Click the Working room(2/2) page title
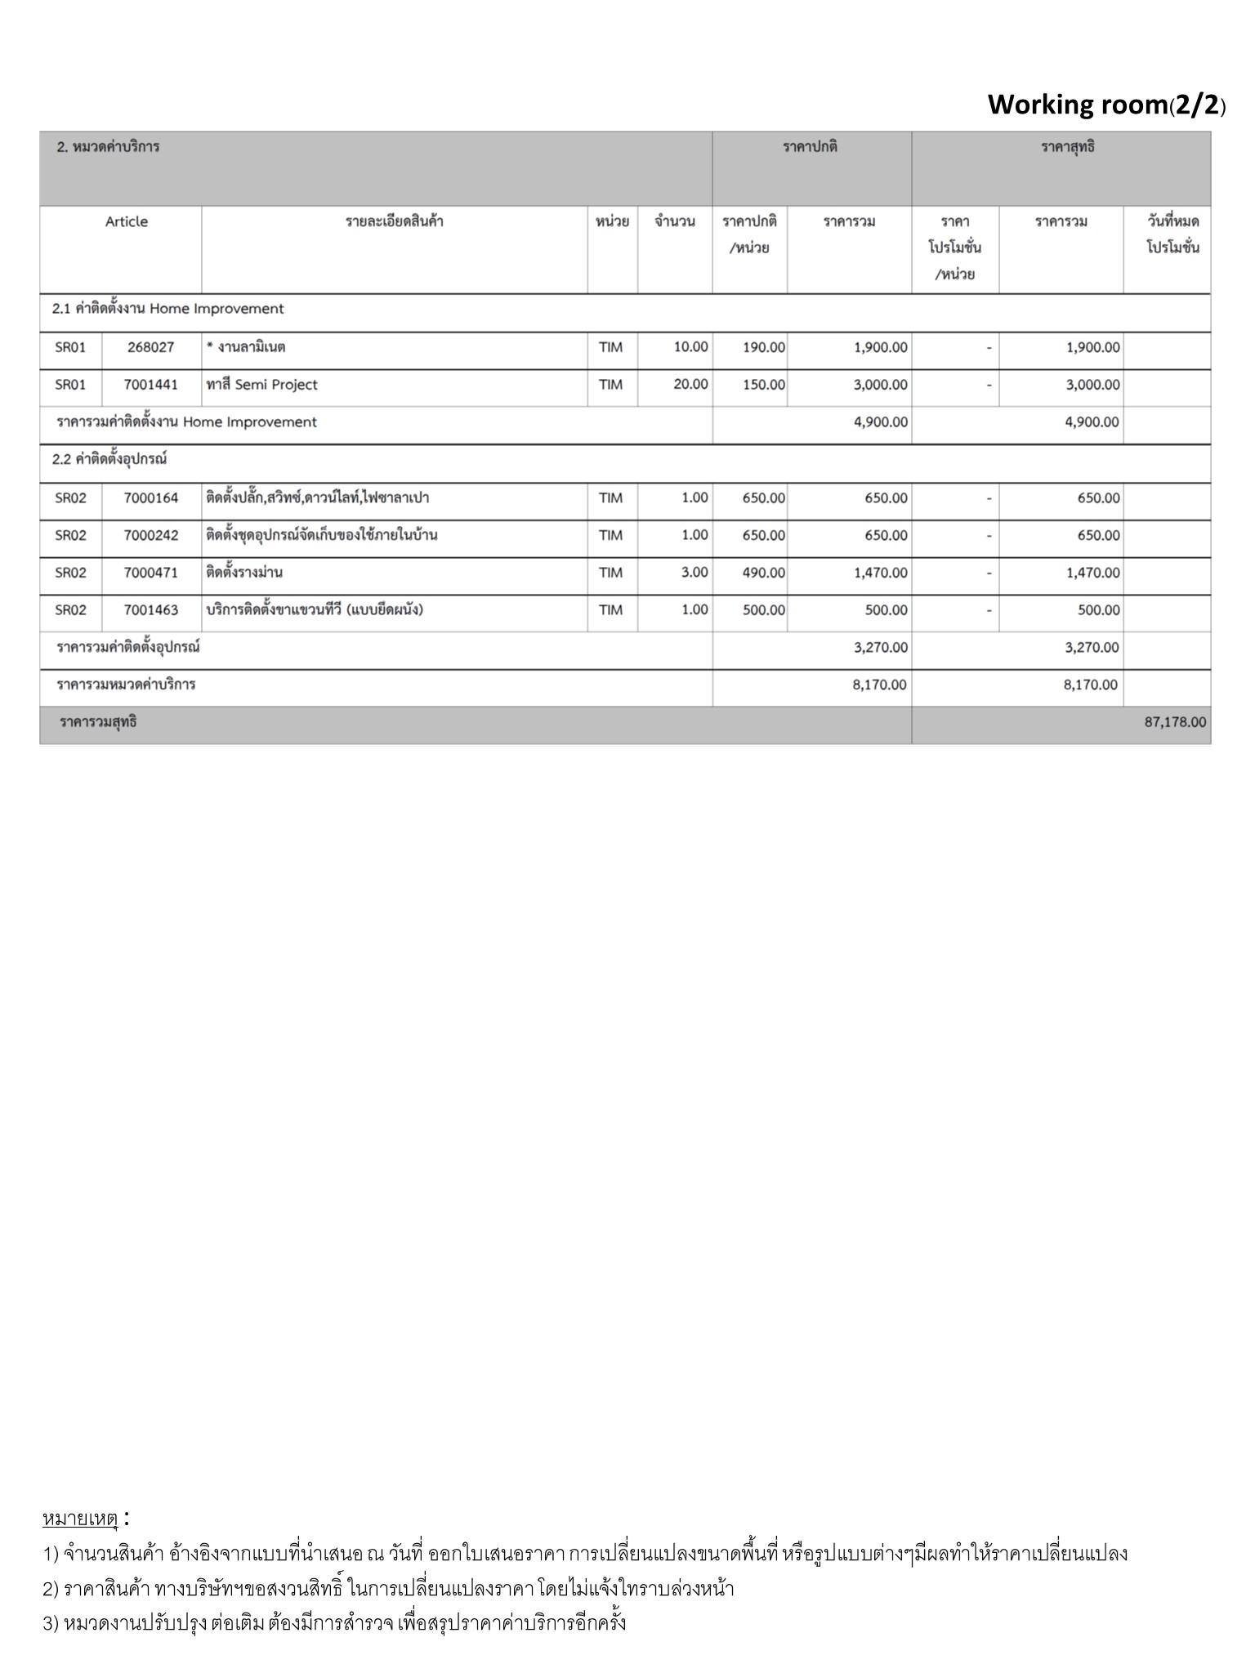click(x=1106, y=105)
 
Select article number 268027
click(x=151, y=347)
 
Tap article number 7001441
click(x=151, y=385)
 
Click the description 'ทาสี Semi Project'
click(x=262, y=385)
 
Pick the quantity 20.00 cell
click(x=690, y=384)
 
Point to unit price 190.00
click(x=763, y=347)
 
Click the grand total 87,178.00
click(x=1174, y=722)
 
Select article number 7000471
click(x=151, y=573)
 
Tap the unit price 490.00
click(x=763, y=573)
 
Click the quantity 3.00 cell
click(x=694, y=572)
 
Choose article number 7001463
click(x=151, y=610)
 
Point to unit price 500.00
click(x=763, y=610)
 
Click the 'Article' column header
click(x=127, y=221)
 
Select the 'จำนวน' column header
click(x=675, y=221)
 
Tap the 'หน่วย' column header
click(x=612, y=221)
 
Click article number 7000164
click(x=151, y=497)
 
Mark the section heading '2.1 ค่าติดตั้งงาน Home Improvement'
click(x=168, y=309)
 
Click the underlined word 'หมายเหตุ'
click(x=80, y=1519)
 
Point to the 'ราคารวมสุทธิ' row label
click(x=98, y=722)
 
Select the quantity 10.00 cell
click(x=690, y=346)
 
